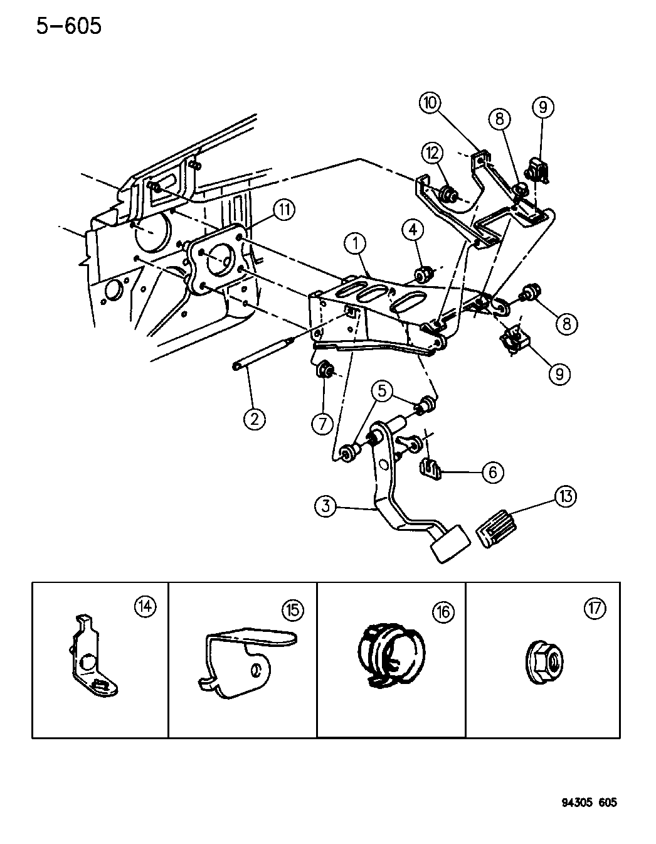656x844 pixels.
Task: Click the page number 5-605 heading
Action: pyautogui.click(x=68, y=26)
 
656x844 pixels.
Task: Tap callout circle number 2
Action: pyautogui.click(x=255, y=419)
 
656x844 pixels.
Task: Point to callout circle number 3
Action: pyautogui.click(x=326, y=506)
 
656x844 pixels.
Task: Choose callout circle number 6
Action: pyautogui.click(x=492, y=471)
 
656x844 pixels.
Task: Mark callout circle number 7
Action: pyautogui.click(x=322, y=424)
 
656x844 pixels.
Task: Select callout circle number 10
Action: pyautogui.click(x=431, y=103)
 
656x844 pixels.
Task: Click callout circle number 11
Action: pyautogui.click(x=285, y=210)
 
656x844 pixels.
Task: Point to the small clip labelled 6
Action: pyautogui.click(x=430, y=467)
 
